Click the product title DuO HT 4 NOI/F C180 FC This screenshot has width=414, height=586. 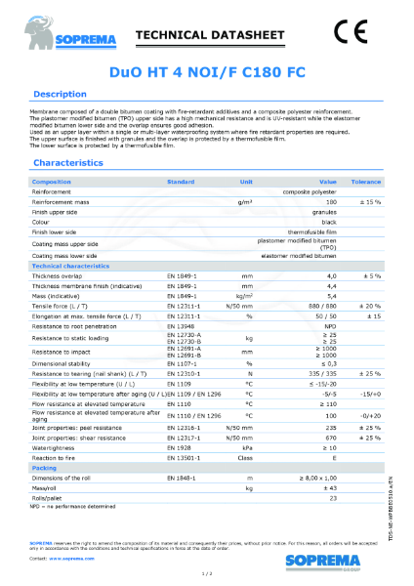click(206, 71)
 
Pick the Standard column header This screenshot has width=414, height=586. click(181, 182)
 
